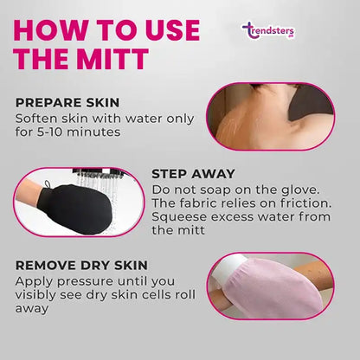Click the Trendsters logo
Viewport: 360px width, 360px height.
(268, 31)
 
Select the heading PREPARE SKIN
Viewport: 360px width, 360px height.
(67, 103)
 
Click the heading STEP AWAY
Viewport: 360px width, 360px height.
(193, 174)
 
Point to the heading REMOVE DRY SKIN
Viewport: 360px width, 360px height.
(81, 266)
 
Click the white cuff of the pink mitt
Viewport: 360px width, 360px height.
(228, 270)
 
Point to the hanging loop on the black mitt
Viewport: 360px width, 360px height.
(48, 184)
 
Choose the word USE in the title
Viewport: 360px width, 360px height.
(172, 30)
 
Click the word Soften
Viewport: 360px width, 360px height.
(32, 119)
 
